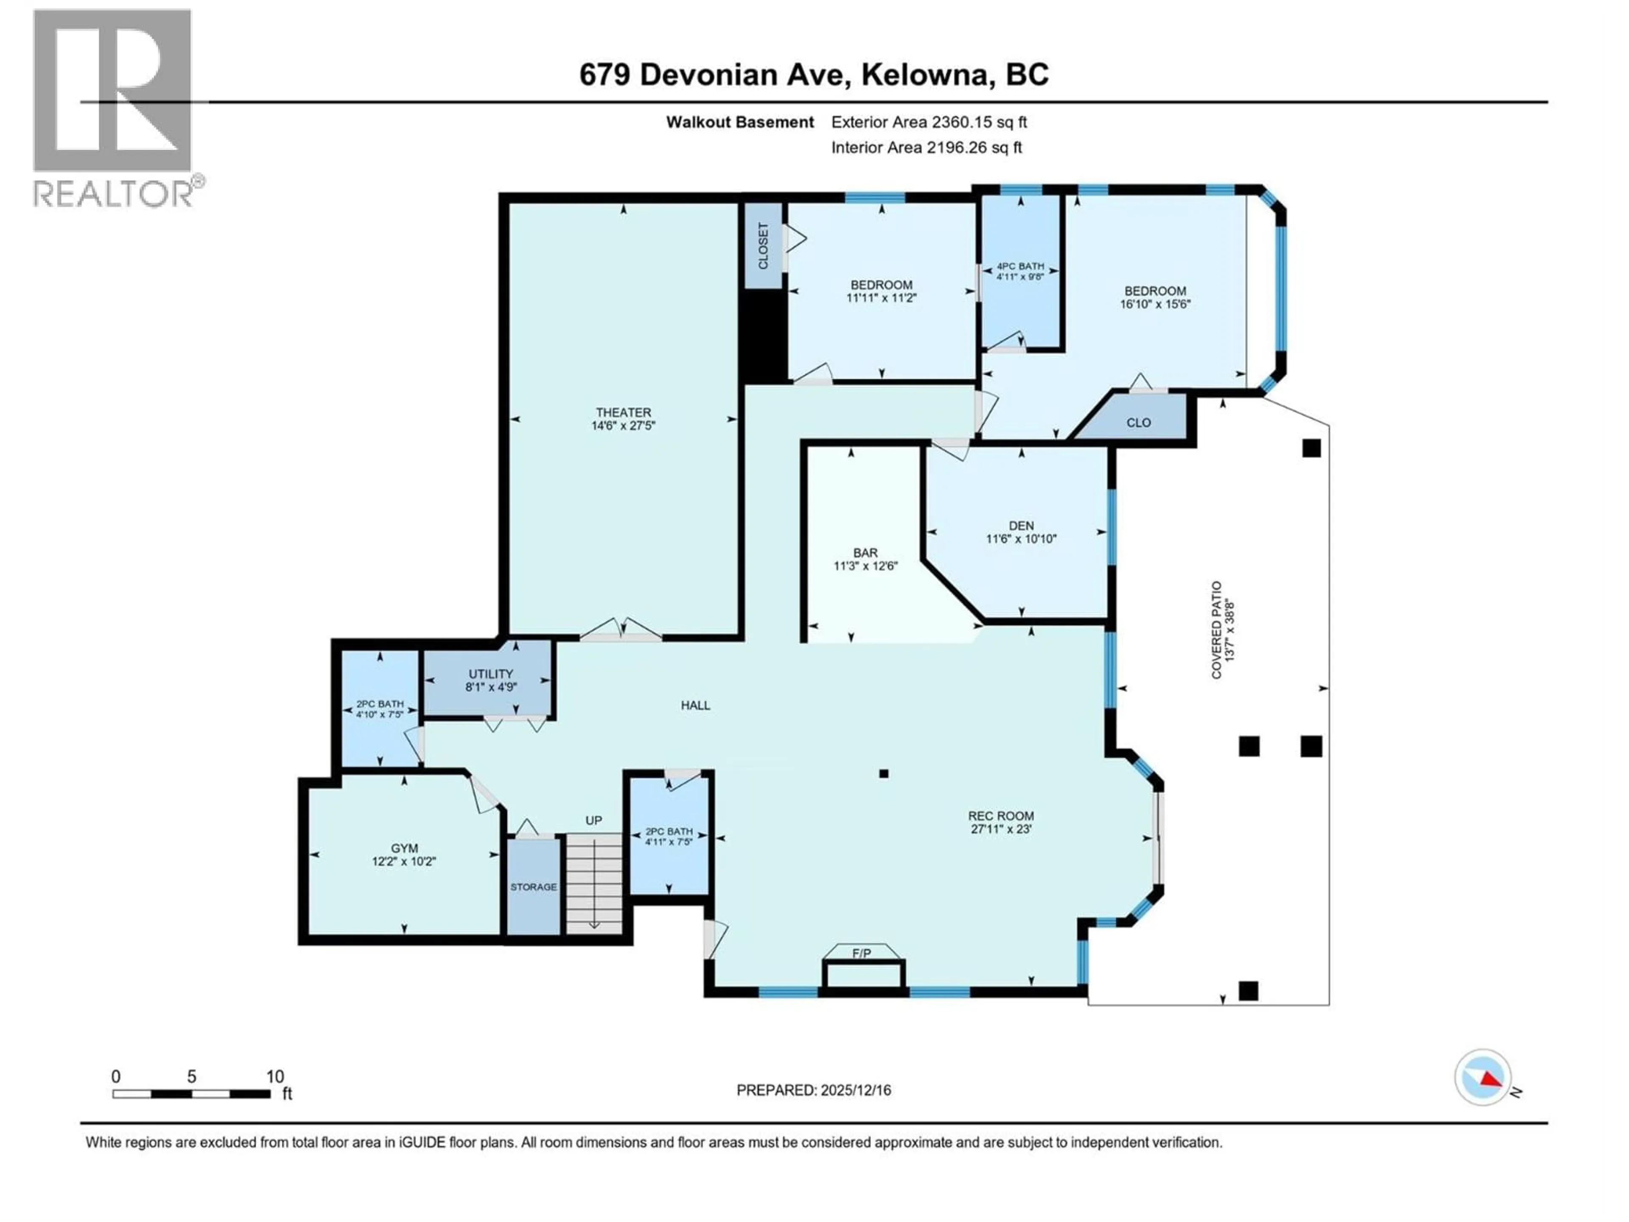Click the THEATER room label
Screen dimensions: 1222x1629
(623, 412)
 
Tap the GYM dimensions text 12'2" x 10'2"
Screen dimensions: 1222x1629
(403, 861)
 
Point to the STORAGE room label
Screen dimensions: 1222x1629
(533, 887)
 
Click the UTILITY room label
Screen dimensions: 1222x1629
(490, 674)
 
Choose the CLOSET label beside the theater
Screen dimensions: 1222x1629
(763, 246)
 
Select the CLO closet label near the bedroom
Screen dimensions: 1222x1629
(1139, 423)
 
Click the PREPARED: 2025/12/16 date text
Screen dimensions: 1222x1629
(813, 1090)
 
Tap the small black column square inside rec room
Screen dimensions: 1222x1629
(884, 774)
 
